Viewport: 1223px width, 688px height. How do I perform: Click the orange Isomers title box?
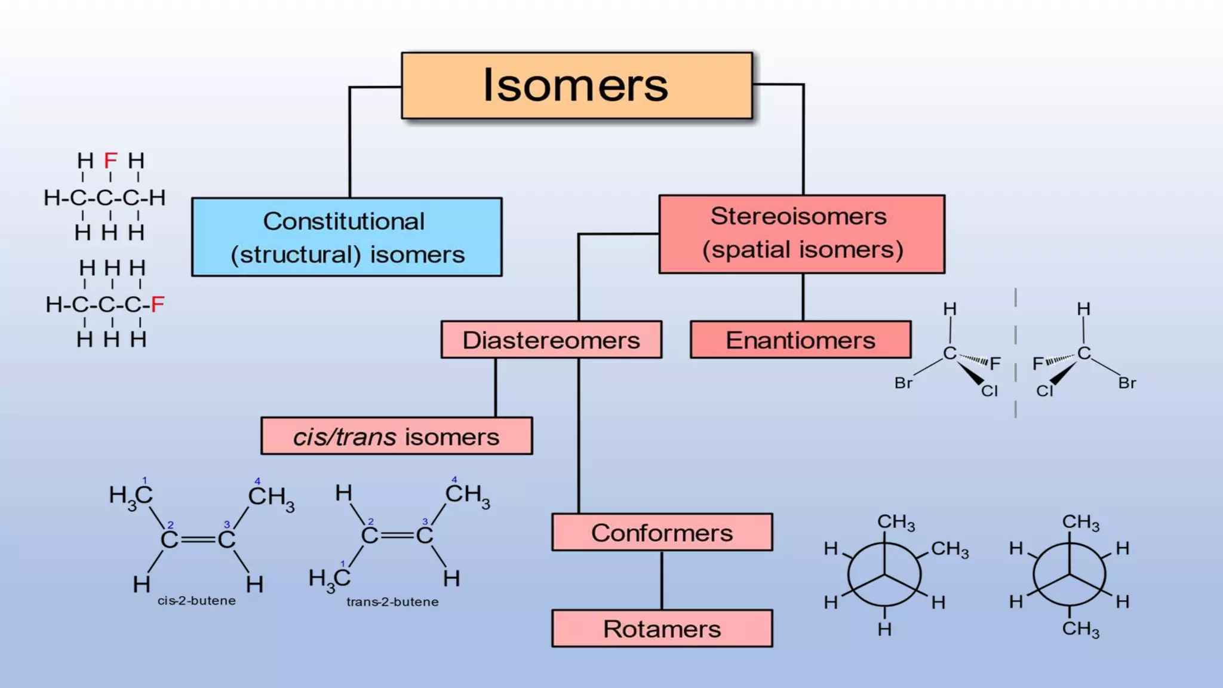pos(576,85)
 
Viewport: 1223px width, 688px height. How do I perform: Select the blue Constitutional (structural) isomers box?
pos(346,237)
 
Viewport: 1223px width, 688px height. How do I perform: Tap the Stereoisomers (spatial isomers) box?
pos(801,234)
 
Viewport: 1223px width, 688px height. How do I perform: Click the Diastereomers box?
pos(551,340)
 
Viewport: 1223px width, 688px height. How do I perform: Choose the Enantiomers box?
pos(800,340)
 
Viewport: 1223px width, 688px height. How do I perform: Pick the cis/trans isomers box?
pos(396,436)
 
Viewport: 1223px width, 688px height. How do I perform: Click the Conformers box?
pos(662,532)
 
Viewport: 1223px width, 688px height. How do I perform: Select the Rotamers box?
pos(662,628)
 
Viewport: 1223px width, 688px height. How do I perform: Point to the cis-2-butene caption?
pos(196,601)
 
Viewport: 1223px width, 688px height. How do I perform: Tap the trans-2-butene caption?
pos(392,602)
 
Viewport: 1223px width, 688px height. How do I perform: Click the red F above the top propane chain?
pos(110,161)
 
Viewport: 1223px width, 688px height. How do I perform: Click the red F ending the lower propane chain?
pos(157,305)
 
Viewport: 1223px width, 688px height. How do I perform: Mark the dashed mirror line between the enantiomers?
pos(1015,352)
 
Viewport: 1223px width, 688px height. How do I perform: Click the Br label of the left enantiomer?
pos(903,383)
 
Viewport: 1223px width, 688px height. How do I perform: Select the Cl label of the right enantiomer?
pos(1044,391)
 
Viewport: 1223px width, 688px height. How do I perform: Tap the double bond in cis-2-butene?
pos(198,539)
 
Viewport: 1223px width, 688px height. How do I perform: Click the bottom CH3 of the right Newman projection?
pos(1080,629)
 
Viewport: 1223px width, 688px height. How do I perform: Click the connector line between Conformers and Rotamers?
pos(662,580)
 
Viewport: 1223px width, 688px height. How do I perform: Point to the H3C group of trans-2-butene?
pos(329,579)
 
